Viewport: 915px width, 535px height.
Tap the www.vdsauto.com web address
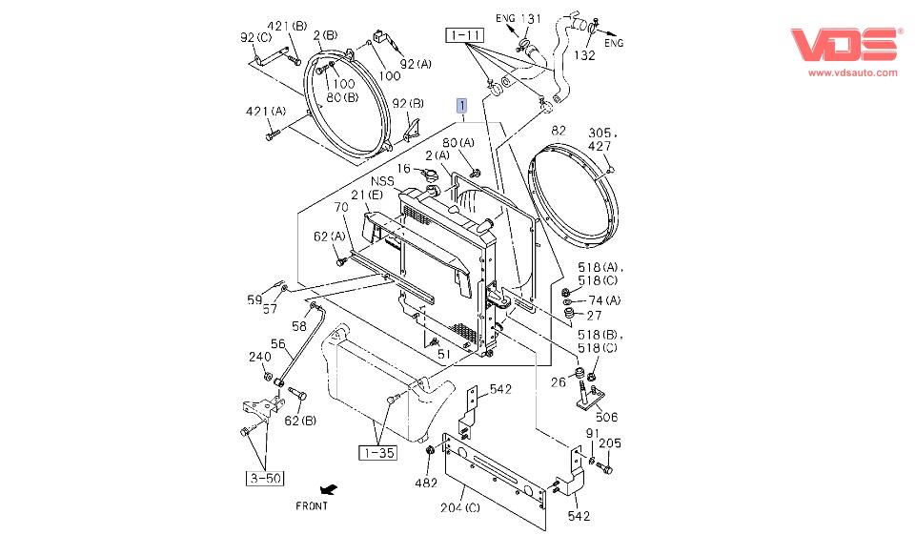tap(852, 72)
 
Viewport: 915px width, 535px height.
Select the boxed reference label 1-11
tap(464, 35)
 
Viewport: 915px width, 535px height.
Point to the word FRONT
tap(312, 505)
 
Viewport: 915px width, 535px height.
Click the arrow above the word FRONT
tap(329, 489)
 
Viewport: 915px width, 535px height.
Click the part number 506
tap(606, 417)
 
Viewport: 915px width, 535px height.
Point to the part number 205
tap(610, 442)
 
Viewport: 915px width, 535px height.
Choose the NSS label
tap(383, 180)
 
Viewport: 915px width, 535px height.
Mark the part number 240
tap(260, 358)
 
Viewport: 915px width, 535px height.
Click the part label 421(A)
tap(265, 112)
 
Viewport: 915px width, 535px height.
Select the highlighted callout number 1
tap(462, 105)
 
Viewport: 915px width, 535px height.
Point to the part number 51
tap(443, 355)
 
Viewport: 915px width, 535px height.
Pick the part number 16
tap(404, 169)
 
